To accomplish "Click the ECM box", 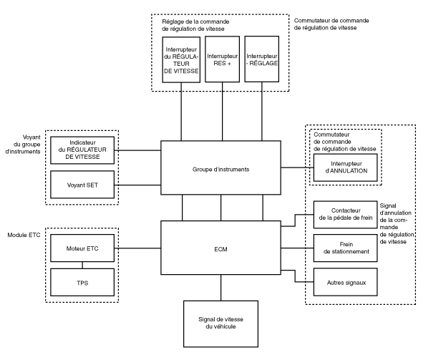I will (220, 250).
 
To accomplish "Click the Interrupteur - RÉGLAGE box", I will (261, 59).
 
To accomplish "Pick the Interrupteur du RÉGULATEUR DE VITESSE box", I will (181, 59).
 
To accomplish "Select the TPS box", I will (80, 282).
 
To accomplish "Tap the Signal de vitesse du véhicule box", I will (220, 321).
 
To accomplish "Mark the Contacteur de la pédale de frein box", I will (342, 215).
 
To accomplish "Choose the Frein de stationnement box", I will (342, 248).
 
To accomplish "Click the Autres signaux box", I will (342, 282).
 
